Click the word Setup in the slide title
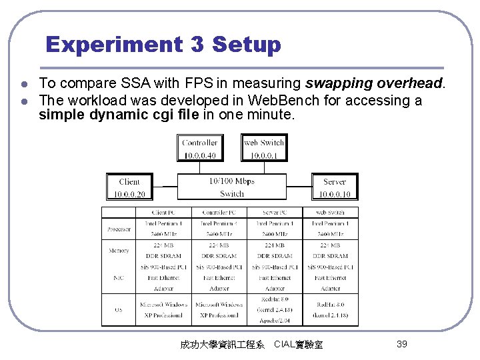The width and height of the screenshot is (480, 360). (x=246, y=45)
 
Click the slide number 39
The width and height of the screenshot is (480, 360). (x=401, y=344)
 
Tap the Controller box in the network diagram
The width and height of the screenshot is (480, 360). (x=200, y=148)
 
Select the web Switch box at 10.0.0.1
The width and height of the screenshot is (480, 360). (x=263, y=148)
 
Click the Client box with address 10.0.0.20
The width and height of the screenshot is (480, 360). (x=129, y=187)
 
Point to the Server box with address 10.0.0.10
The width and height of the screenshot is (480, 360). (x=334, y=187)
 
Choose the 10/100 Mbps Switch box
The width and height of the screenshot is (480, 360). (x=231, y=187)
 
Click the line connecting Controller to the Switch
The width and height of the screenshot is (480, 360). (x=200, y=167)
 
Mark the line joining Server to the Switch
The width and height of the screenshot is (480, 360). (x=299, y=187)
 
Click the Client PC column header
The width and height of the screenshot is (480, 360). (x=163, y=213)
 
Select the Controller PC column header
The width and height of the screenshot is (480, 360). (x=219, y=213)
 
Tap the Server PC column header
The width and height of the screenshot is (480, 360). (x=275, y=213)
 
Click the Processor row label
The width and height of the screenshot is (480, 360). (x=119, y=229)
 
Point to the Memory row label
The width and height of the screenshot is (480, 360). (x=119, y=251)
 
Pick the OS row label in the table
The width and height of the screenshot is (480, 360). (x=119, y=309)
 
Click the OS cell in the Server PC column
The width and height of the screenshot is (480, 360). (x=275, y=309)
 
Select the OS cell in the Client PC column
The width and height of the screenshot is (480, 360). (x=163, y=309)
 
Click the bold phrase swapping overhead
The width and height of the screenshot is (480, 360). (x=373, y=84)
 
